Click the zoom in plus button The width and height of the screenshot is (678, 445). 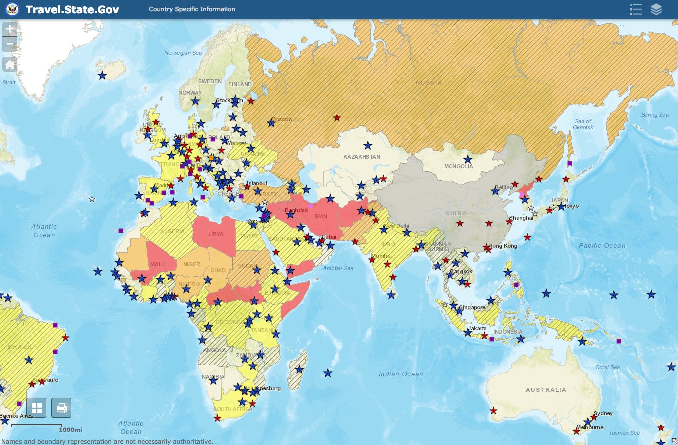10,29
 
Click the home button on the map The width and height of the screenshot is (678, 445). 10,64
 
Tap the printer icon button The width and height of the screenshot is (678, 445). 61,408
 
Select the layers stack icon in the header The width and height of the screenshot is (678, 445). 656,9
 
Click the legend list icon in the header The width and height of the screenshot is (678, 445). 635,9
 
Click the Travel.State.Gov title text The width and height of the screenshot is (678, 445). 72,9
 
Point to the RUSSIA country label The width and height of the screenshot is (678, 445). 429,83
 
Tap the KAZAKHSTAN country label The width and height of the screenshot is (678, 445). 362,157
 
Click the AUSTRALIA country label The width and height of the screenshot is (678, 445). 546,390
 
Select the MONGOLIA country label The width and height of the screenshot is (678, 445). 458,166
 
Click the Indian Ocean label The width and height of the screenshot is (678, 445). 401,374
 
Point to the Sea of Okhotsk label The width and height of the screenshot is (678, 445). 583,124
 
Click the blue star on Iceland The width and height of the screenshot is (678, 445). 102,75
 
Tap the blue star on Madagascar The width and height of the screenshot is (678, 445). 299,370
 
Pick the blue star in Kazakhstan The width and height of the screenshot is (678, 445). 368,145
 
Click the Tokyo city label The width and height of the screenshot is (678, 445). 571,206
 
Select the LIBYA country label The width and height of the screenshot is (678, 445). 216,234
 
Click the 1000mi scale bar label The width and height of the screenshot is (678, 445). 70,430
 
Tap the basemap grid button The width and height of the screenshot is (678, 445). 36,408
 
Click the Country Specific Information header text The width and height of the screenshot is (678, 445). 192,9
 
